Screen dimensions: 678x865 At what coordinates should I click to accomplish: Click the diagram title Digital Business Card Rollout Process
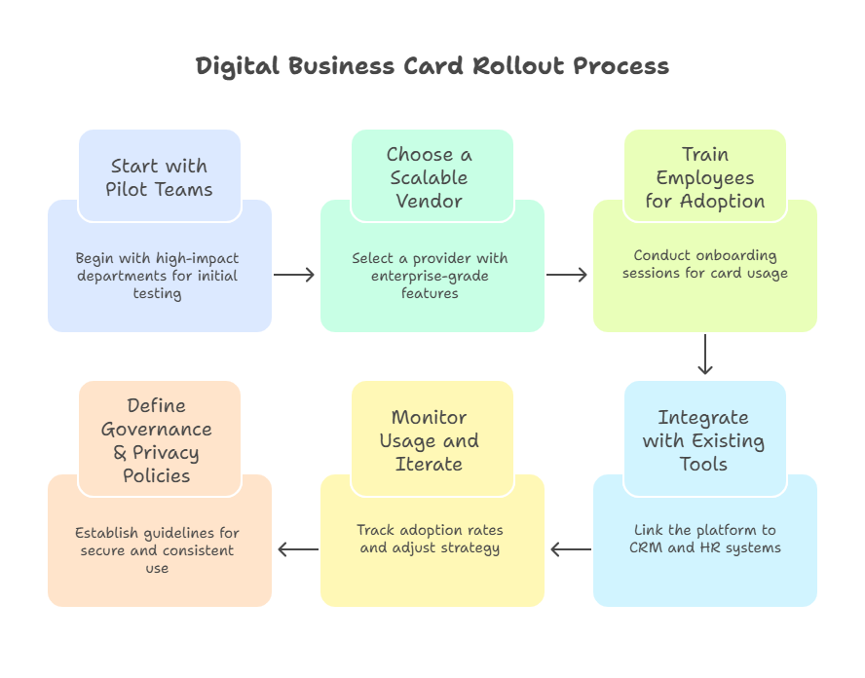432,66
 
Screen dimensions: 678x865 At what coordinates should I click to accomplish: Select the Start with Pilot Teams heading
159,177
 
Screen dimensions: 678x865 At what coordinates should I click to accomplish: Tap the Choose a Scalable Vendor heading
429,177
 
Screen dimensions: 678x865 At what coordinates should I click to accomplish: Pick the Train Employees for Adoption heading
704,177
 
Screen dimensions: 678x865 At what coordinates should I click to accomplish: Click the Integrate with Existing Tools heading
703,440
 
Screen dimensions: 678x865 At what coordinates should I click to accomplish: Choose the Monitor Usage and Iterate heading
429,440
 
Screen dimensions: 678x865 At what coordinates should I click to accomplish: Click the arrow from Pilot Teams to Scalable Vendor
294,275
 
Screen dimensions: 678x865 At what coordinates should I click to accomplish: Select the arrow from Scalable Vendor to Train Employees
567,275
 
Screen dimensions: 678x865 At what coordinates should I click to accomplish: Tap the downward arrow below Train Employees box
705,356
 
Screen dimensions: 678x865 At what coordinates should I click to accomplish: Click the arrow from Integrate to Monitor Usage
571,549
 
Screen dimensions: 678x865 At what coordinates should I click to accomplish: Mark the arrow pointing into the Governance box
298,549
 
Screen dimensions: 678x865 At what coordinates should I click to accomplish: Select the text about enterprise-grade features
430,276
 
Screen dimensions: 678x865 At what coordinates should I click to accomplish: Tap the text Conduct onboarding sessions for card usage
704,264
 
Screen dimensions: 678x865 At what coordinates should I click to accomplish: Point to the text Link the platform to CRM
704,539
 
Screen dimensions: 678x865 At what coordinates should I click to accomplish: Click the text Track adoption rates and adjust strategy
430,539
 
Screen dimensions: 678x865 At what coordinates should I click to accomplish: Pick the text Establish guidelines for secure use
158,550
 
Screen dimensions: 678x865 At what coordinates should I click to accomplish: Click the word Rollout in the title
518,66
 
